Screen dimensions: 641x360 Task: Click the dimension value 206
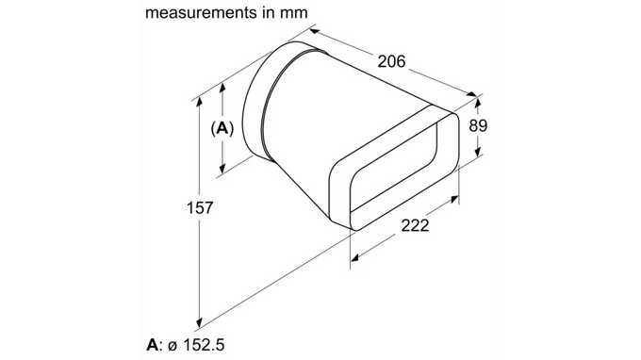click(x=391, y=61)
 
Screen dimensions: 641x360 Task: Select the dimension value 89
click(x=478, y=125)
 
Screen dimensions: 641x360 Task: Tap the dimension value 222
click(x=415, y=225)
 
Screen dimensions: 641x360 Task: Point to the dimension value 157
click(x=200, y=207)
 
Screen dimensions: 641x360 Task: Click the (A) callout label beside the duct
click(x=222, y=128)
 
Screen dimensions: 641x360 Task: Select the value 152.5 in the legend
click(x=204, y=345)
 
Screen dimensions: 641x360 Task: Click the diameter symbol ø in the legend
click(x=173, y=346)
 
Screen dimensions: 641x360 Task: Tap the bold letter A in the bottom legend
click(x=152, y=345)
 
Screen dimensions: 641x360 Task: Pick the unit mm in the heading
click(x=293, y=13)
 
